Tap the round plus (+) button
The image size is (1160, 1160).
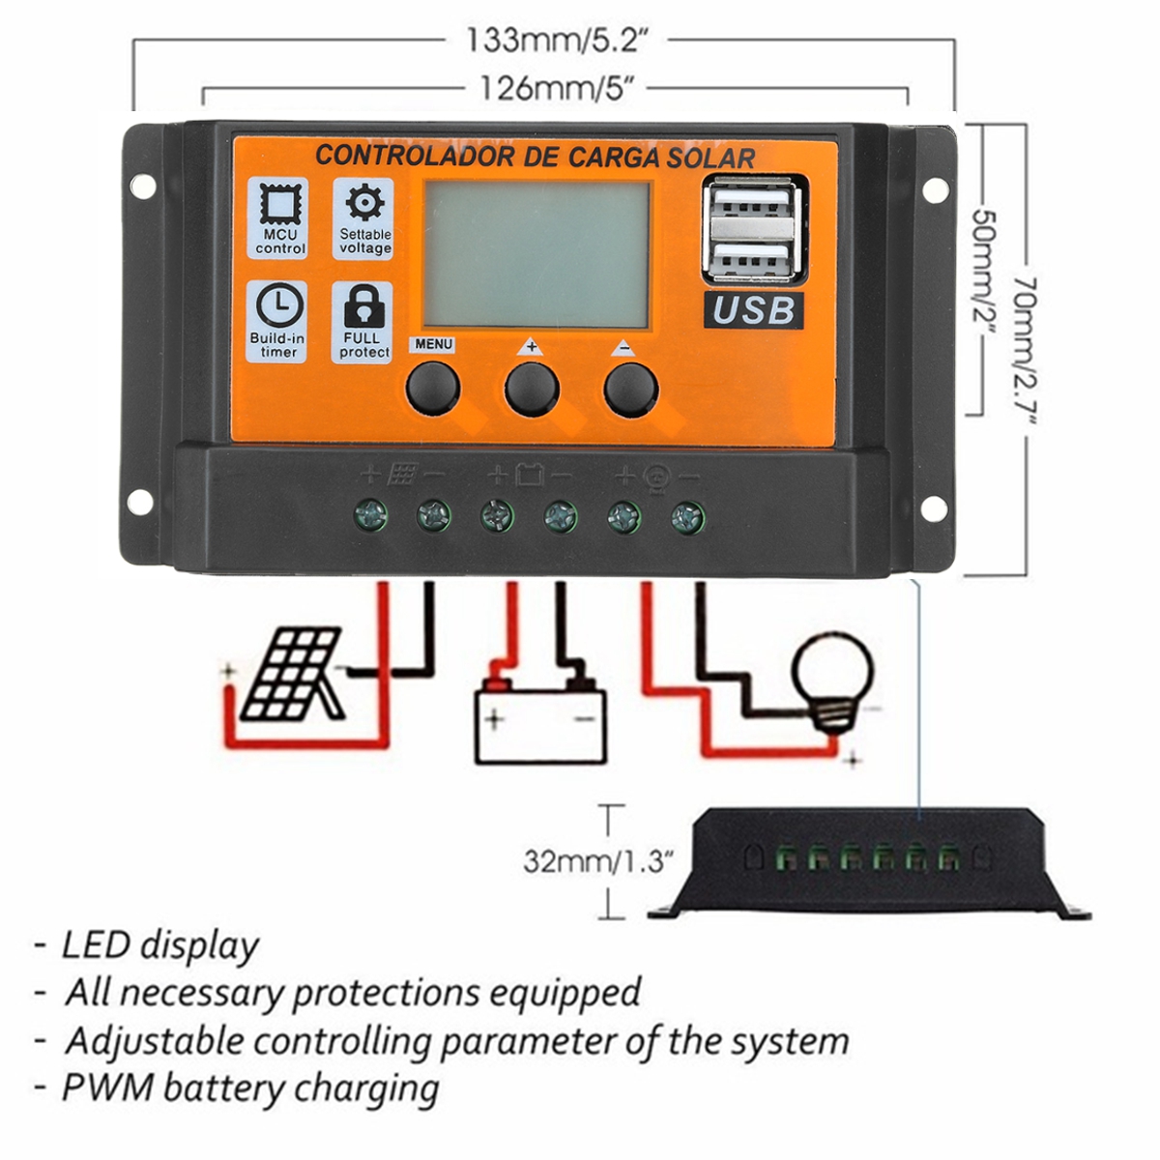coord(532,390)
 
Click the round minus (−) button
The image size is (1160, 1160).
coord(630,390)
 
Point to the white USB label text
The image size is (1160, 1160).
coord(754,310)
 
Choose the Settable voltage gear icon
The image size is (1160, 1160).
coord(364,204)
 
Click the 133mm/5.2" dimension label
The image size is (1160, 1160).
coord(557,41)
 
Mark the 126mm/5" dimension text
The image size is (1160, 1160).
coord(557,89)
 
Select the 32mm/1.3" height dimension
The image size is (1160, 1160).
coord(597,860)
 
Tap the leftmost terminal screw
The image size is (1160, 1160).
coord(371,515)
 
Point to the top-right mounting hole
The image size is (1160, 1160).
coord(934,190)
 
